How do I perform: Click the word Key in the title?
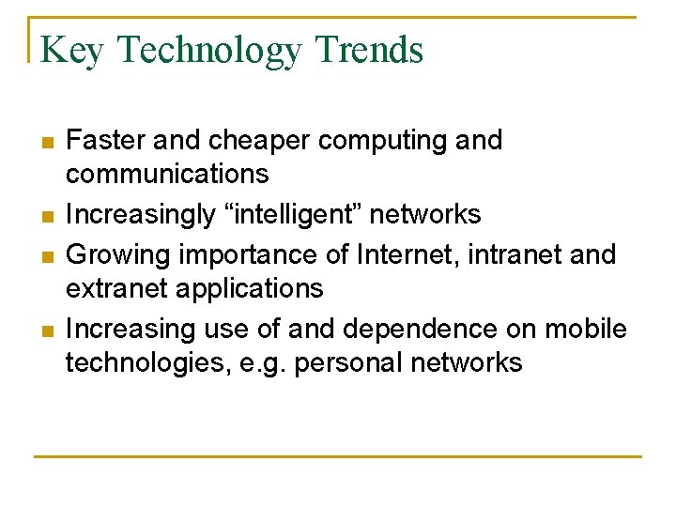[71, 50]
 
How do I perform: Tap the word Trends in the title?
[370, 49]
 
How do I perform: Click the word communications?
[167, 175]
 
